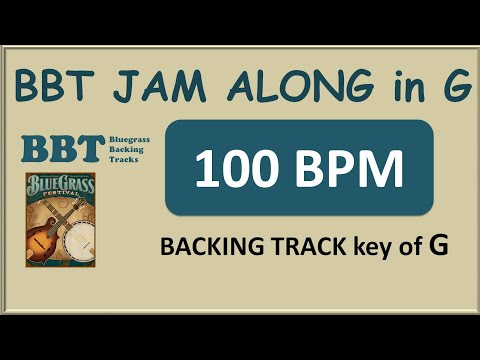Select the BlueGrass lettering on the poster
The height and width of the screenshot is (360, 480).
click(63, 187)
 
